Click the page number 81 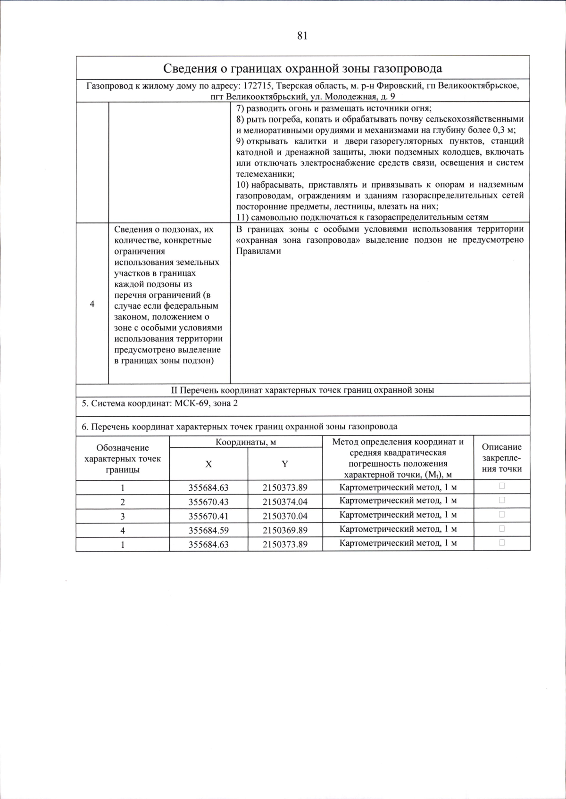click(302, 36)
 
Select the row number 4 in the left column click(92, 304)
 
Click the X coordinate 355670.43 click(208, 502)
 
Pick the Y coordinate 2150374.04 click(285, 502)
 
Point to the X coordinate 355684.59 click(208, 530)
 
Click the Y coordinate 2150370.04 click(285, 516)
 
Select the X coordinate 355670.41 click(208, 516)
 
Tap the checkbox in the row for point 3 click(502, 514)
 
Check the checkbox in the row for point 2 click(502, 500)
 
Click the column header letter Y click(285, 464)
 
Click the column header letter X click(208, 464)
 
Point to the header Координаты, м click(245, 442)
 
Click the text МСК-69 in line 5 click(192, 404)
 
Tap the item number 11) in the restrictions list click(242, 217)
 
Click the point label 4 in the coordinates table click(123, 530)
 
